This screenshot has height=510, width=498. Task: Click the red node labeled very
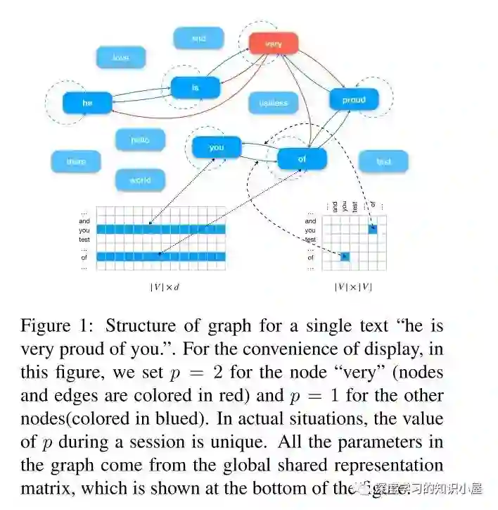(x=274, y=44)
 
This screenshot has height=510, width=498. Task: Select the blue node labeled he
(x=87, y=103)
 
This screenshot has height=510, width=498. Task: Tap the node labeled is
(x=196, y=87)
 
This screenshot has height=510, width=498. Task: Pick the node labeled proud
(x=354, y=100)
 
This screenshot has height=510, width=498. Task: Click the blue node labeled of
(x=302, y=159)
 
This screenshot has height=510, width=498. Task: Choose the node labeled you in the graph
(x=217, y=147)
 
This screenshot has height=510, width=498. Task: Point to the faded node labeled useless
(x=273, y=103)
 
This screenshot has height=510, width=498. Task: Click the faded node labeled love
(x=121, y=57)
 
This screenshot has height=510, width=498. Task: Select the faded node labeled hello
(x=140, y=139)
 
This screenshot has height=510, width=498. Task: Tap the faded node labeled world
(x=140, y=180)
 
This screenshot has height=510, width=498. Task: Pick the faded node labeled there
(x=75, y=161)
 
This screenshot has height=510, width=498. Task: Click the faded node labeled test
(x=383, y=161)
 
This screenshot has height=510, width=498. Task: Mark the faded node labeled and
(x=198, y=38)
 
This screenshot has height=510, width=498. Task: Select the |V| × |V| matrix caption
(x=354, y=287)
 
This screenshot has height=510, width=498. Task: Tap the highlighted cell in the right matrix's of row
(x=345, y=257)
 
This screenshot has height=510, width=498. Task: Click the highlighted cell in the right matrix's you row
(x=373, y=230)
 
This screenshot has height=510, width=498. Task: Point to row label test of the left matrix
(x=84, y=240)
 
